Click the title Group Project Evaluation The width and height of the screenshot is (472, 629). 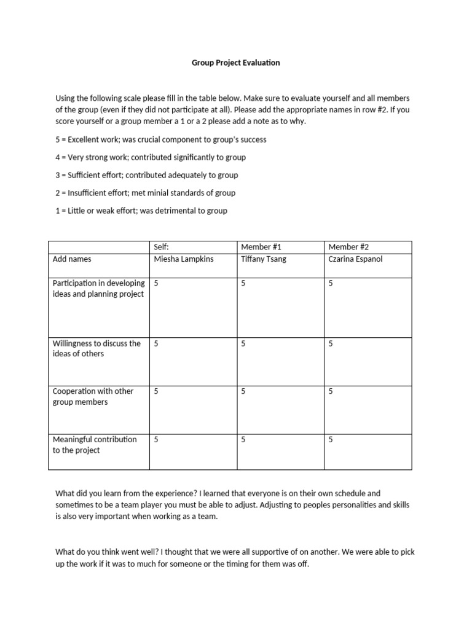coord(236,63)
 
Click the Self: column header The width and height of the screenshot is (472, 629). coord(161,247)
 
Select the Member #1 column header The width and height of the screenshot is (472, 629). coord(261,247)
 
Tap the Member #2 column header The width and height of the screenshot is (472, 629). coord(348,247)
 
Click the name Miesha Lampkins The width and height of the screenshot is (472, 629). coord(183,259)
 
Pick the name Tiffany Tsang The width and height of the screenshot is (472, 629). coord(264,259)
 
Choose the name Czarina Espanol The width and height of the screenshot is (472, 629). coord(355,259)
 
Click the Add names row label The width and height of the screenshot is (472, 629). coord(72,259)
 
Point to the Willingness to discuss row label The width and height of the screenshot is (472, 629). coord(96,348)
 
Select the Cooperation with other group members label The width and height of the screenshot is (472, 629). coord(93,396)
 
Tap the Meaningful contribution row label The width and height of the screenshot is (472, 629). coord(95,445)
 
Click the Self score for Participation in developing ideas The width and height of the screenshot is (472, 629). coord(156,283)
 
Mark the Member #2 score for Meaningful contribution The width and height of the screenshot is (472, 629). coord(331,440)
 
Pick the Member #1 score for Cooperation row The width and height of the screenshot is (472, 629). coord(243,391)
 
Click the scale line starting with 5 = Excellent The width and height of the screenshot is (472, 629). coord(161,139)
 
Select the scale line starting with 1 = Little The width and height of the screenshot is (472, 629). coord(141,211)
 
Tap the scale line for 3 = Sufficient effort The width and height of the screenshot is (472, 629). coord(147,175)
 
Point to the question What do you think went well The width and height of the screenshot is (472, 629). coord(108,552)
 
